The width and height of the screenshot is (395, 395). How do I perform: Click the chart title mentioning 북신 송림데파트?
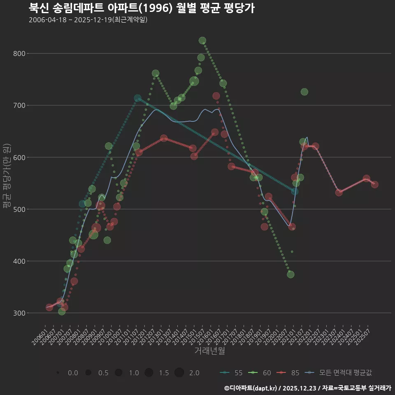coord(142,8)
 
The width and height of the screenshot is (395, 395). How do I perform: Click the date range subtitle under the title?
coord(88,20)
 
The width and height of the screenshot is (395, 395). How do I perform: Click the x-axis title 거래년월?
coord(209,351)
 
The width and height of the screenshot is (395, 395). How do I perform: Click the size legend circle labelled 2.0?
coord(179,373)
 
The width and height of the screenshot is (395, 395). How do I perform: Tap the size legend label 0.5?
coord(103,373)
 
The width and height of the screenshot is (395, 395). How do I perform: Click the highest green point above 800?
coord(202,40)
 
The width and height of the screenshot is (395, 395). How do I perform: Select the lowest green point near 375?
coord(290,274)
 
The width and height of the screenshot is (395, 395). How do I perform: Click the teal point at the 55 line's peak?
coord(137,98)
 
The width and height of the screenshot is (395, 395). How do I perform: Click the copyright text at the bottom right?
coord(307,388)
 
